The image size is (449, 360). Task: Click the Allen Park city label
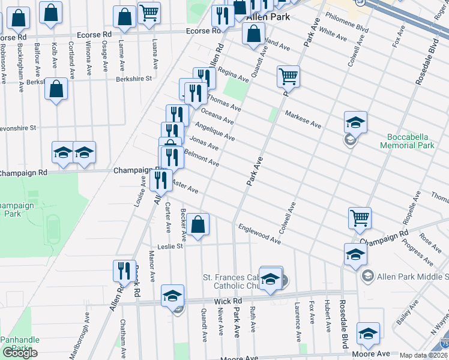268,17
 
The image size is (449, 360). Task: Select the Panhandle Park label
20,344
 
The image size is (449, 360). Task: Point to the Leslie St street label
170,246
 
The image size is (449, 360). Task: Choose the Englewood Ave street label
259,234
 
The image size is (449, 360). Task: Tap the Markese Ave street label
303,119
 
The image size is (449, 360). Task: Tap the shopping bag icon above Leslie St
197,225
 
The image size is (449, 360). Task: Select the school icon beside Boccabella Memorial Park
355,122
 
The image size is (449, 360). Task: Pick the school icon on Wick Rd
172,295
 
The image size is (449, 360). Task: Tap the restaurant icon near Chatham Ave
124,271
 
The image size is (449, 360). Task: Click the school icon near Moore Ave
368,334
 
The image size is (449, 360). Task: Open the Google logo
20,353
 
